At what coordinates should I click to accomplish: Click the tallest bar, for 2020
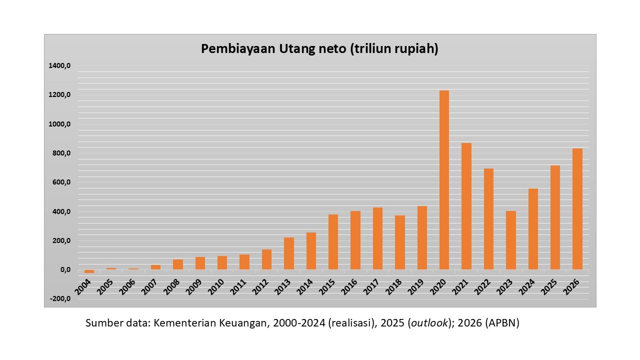point(444,180)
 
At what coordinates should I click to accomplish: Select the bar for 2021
point(466,206)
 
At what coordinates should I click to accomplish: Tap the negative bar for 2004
point(89,271)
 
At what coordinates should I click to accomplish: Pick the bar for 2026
point(577,209)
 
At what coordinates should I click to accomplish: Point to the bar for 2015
point(333,242)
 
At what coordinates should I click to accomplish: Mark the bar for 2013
point(288,253)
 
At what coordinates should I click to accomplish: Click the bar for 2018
point(399,242)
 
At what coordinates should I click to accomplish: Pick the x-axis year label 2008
point(173,287)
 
